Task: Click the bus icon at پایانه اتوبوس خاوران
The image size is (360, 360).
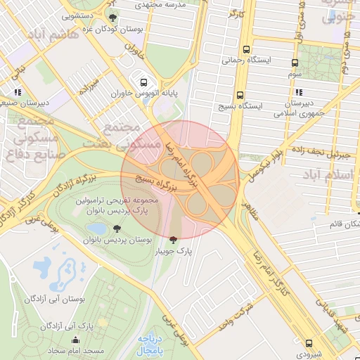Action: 143,82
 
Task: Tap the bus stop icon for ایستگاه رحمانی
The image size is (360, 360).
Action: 246,50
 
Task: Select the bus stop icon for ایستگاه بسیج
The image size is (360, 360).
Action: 240,96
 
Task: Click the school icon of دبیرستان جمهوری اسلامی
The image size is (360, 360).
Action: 300,92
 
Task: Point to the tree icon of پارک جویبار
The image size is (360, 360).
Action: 174,239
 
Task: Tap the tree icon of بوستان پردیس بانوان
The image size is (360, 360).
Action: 116,229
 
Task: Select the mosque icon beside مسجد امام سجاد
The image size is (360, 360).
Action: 86,341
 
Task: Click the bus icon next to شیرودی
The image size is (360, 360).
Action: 309,343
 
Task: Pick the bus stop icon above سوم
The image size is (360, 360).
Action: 295,63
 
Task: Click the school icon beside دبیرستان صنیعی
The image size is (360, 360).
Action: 17,91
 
